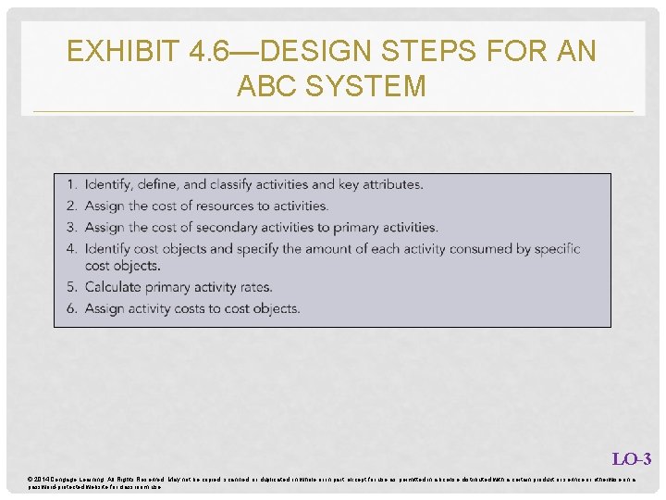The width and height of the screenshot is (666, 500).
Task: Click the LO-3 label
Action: [632, 458]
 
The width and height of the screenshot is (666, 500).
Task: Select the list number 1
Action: [72, 185]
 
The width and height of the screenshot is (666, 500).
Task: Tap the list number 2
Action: [72, 206]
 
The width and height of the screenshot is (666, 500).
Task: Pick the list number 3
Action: [72, 227]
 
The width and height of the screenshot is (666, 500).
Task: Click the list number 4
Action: [72, 248]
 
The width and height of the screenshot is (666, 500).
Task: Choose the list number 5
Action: [72, 287]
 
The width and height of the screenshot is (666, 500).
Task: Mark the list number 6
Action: [72, 308]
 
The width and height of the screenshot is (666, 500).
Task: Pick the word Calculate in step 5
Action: [116, 287]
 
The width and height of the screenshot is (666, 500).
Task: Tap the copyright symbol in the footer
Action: [31, 479]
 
